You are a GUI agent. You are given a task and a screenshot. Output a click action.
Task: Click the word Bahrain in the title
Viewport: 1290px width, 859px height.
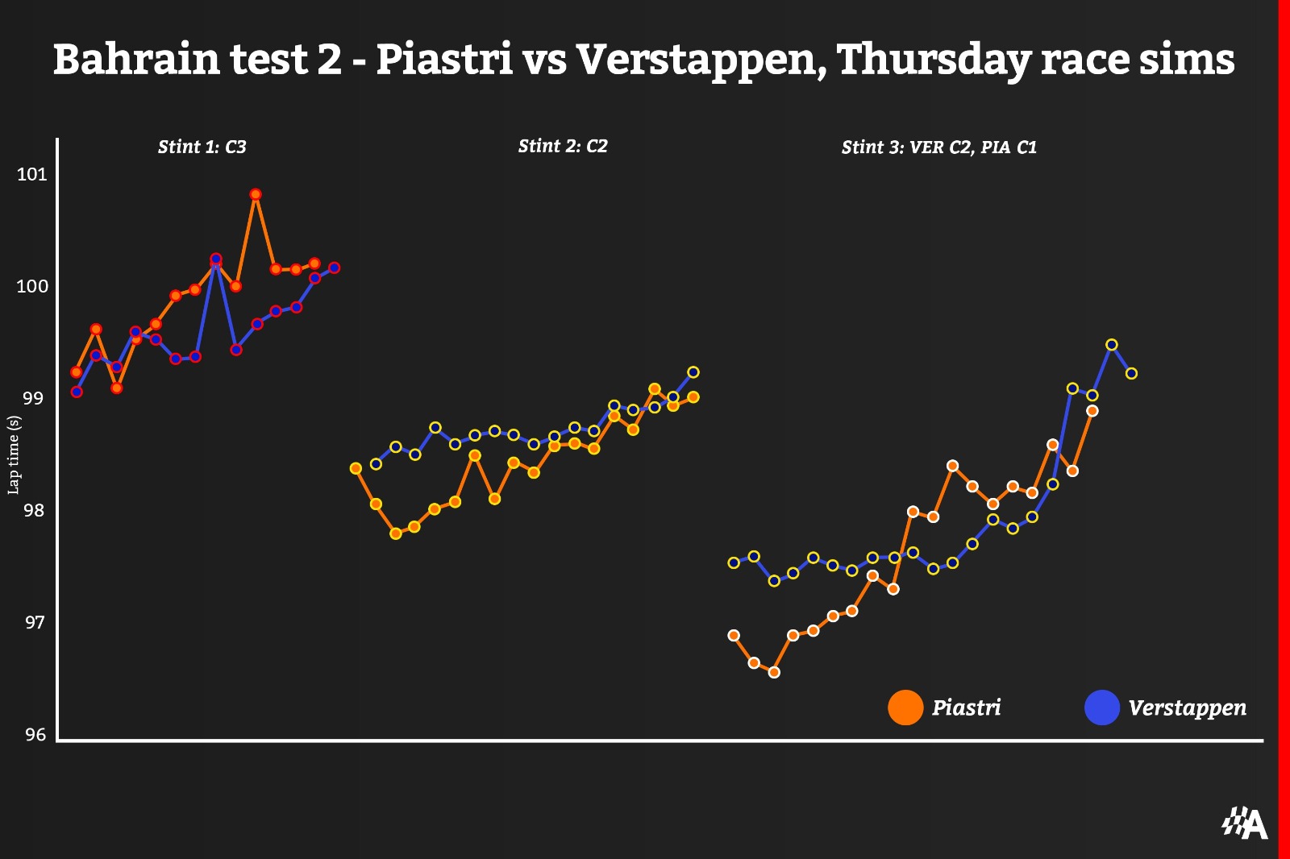pos(137,60)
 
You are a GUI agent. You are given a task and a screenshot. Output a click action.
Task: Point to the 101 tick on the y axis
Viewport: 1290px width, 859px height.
pos(32,174)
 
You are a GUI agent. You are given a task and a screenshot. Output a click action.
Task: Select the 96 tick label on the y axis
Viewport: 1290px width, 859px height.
pos(35,734)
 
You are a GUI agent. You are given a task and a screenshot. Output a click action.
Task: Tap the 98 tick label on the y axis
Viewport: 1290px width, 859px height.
pos(33,510)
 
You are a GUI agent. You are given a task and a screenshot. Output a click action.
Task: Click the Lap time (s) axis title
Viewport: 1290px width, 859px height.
pos(14,455)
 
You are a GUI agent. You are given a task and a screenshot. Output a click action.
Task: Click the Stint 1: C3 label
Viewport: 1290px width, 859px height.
pos(202,147)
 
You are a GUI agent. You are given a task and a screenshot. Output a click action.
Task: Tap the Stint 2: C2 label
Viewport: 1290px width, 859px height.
pos(562,146)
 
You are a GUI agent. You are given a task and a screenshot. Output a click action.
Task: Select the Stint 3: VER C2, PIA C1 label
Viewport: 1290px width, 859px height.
pos(938,147)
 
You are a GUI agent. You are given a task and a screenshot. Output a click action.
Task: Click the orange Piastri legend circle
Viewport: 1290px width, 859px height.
pos(905,708)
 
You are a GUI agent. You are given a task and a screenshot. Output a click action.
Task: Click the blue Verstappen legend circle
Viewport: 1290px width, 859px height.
pos(1102,708)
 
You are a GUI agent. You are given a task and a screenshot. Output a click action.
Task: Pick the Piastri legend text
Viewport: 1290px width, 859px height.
pos(966,708)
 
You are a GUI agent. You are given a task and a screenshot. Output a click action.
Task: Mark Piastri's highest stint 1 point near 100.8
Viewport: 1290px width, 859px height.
pos(256,194)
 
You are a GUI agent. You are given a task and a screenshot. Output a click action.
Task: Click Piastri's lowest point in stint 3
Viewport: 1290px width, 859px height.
pos(774,672)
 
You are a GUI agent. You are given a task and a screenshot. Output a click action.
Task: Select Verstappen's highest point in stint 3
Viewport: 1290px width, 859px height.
pos(1112,345)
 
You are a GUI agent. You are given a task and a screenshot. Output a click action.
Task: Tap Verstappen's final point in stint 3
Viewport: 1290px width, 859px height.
pos(1131,373)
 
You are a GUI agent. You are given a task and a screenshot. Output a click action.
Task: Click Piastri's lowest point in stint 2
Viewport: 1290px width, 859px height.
pos(396,533)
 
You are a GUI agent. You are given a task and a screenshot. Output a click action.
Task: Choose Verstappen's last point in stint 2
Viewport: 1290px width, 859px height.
pos(693,372)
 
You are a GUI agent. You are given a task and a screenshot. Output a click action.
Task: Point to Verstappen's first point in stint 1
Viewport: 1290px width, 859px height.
pos(77,392)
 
